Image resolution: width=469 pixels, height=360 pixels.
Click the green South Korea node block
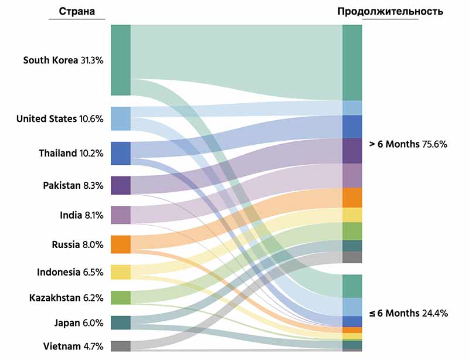[120, 60]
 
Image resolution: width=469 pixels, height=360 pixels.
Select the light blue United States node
[120, 118]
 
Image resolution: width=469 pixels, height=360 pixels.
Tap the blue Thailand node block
[120, 153]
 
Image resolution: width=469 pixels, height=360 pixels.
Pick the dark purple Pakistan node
[120, 185]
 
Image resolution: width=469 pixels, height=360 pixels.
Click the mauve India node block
[120, 215]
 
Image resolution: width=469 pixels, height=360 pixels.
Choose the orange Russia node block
[120, 244]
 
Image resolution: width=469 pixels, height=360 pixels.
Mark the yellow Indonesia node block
[120, 272]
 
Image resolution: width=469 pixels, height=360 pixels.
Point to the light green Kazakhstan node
[120, 297]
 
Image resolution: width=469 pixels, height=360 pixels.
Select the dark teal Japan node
[120, 322]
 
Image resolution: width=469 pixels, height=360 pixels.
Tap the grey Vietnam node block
[120, 346]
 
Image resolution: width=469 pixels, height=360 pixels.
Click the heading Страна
[77, 12]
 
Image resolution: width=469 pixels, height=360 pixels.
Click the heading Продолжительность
[390, 11]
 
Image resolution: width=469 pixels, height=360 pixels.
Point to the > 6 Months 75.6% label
[408, 144]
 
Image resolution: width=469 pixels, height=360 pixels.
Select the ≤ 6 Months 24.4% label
[408, 313]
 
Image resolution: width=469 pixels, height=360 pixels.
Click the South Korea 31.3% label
[63, 60]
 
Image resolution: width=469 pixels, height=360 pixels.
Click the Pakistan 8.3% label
[73, 185]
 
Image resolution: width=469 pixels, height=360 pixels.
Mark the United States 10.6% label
[60, 119]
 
